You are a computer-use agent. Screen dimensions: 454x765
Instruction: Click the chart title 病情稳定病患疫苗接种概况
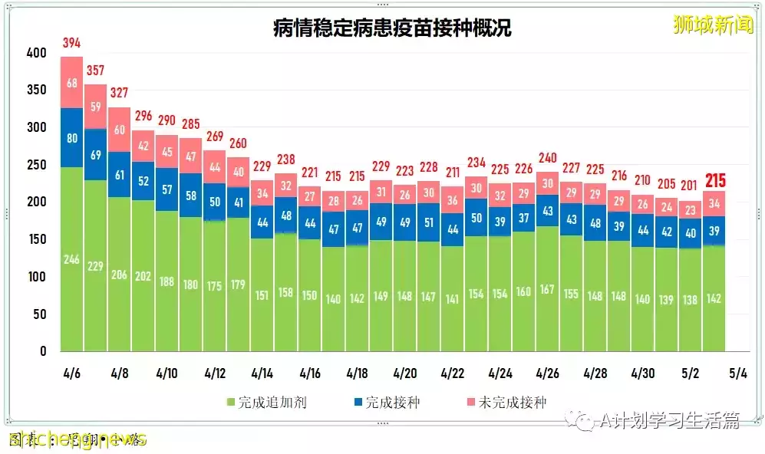click(392, 28)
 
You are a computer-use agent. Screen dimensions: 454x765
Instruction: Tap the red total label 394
click(71, 42)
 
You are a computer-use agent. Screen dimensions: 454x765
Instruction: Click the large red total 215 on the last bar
click(714, 181)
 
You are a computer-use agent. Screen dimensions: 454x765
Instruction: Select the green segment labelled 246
click(71, 260)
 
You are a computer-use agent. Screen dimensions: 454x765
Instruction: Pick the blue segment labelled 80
click(71, 139)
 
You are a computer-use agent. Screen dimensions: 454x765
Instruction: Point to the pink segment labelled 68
click(71, 82)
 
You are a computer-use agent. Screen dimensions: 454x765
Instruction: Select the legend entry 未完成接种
click(506, 402)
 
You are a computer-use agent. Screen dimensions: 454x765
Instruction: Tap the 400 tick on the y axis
click(36, 54)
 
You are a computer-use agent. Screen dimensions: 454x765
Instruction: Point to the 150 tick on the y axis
click(36, 239)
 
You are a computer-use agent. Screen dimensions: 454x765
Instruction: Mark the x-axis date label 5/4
click(737, 373)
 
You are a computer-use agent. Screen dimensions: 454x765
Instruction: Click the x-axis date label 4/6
click(71, 373)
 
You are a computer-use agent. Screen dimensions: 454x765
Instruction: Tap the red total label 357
click(95, 70)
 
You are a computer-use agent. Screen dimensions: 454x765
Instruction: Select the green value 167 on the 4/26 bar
click(548, 289)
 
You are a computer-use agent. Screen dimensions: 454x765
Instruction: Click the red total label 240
click(548, 158)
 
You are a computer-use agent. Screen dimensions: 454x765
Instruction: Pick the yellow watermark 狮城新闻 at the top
click(713, 25)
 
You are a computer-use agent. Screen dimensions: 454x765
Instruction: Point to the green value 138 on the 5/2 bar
click(691, 300)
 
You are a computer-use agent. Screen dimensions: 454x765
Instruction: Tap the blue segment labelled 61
click(119, 175)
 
